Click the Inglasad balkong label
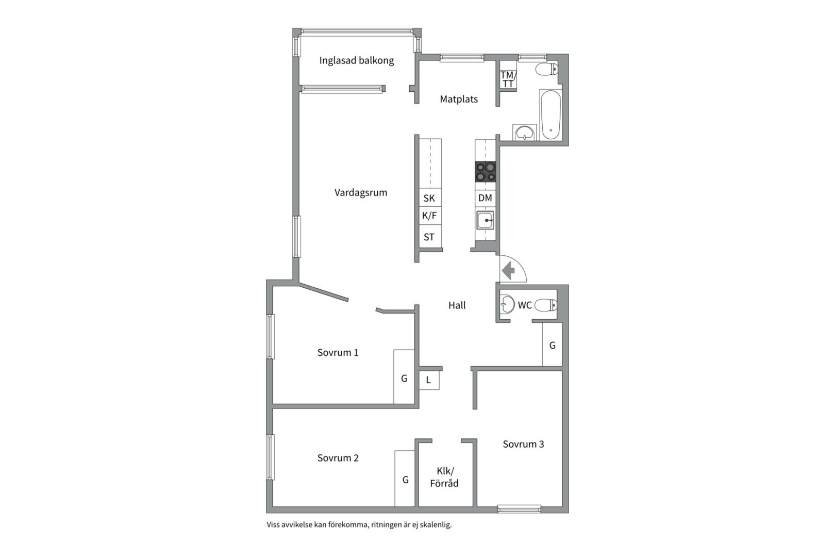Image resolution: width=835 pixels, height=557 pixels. pos(356,60)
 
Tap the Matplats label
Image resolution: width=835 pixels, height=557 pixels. pos(459,99)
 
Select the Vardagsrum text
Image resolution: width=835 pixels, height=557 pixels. pos(360,192)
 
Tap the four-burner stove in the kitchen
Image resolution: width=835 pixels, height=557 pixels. pos(486,172)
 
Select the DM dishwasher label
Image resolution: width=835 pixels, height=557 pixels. pos(485,198)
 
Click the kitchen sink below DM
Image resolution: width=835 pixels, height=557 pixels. pos(486,221)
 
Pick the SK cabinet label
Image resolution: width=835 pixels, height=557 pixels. pos(429,198)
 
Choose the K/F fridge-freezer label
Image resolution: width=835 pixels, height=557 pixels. pos(429,216)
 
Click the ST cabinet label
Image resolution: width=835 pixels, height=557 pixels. pos(429,237)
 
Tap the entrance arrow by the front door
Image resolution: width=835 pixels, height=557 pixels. pos(508,270)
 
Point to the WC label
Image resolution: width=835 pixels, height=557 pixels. pos(525,305)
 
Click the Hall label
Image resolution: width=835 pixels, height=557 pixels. pos(457,305)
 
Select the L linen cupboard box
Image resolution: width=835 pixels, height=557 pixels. pos(429,380)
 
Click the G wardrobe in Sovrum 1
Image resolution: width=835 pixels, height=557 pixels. pos(404,377)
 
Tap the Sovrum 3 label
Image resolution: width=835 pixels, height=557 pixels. pos(523,445)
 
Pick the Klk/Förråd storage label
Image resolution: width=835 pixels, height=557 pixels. pos(444,477)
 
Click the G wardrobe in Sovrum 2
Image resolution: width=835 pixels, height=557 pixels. pos(405,479)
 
